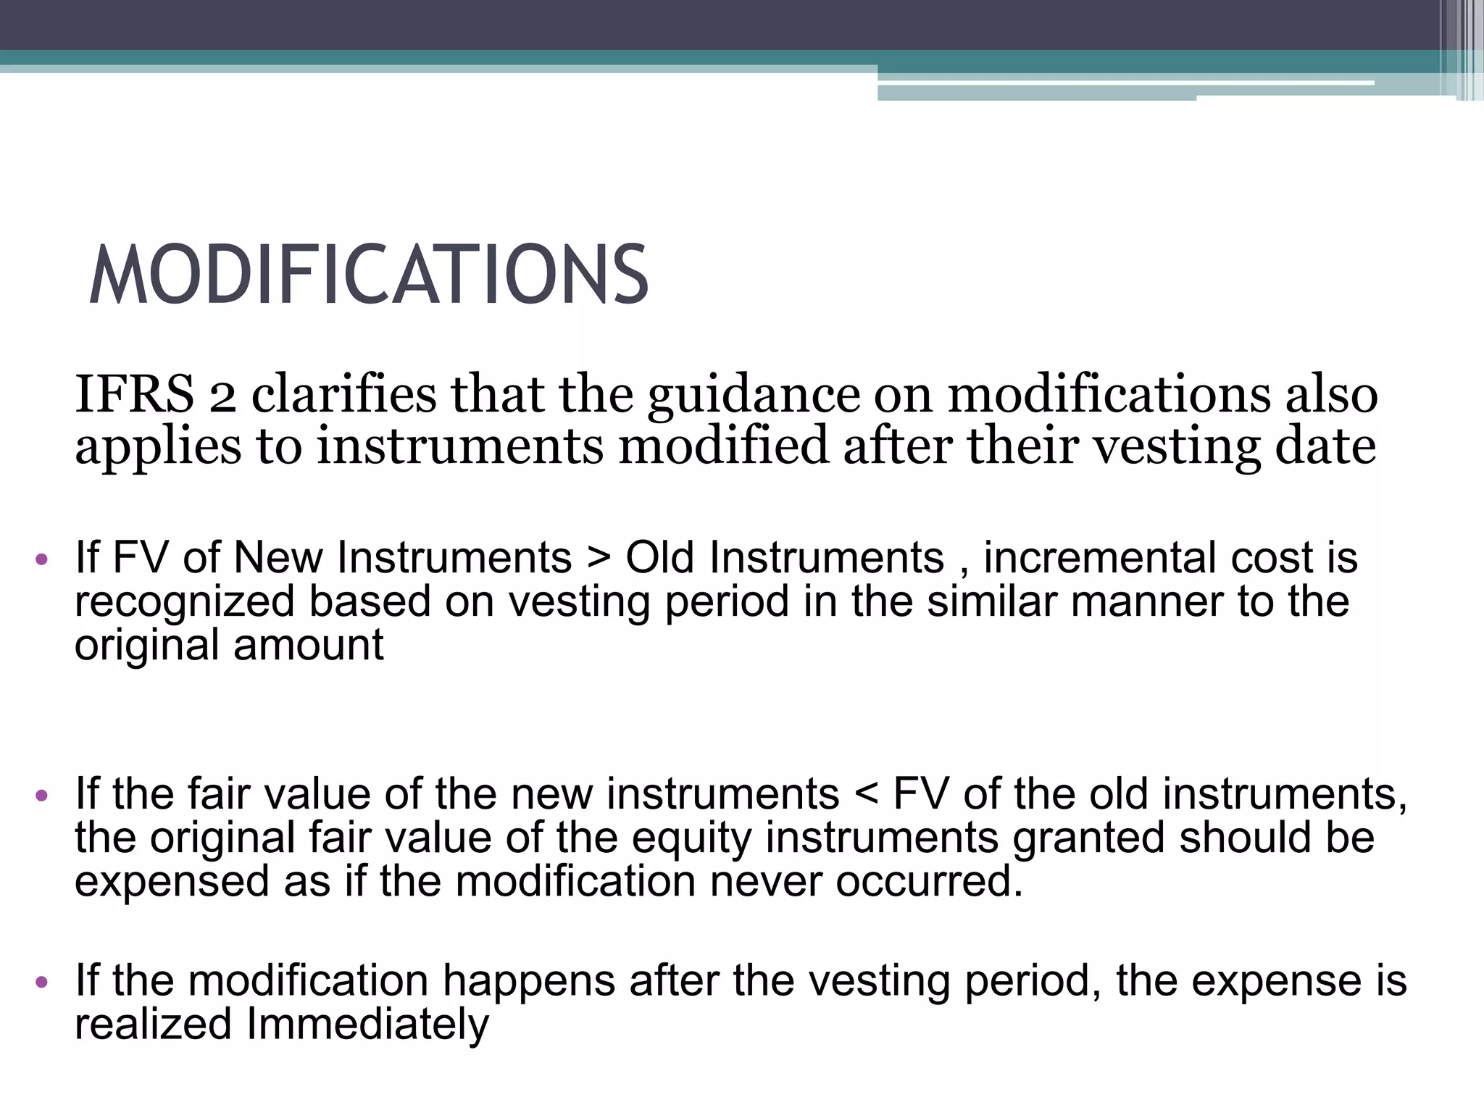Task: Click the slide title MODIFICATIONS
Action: point(368,275)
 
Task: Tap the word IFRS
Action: point(134,395)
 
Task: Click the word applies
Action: point(158,448)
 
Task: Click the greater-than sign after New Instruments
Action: point(599,558)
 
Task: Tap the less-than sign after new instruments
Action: point(866,794)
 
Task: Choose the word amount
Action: point(308,645)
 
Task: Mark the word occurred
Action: point(929,882)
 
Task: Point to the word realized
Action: point(153,1025)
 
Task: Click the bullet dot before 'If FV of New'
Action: point(41,559)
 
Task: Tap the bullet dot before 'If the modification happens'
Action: point(41,983)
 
